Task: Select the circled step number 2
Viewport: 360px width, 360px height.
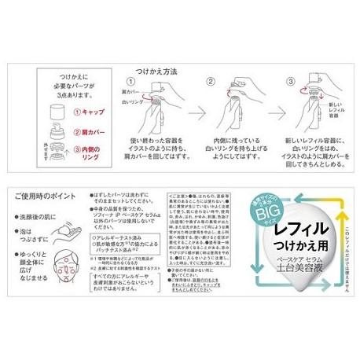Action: tap(210, 83)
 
